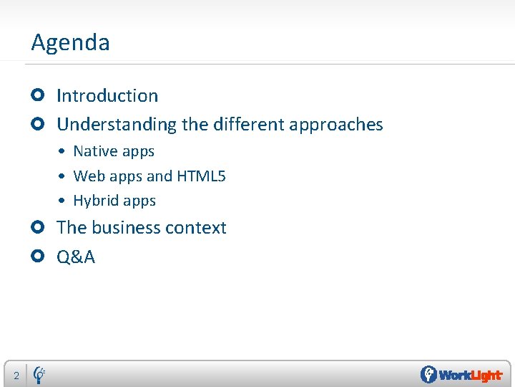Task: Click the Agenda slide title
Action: (70, 43)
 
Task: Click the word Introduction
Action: (107, 96)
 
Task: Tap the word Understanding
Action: (116, 125)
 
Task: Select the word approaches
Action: (335, 125)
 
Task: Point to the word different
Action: (248, 124)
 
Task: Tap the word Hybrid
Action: (96, 201)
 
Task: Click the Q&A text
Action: (76, 257)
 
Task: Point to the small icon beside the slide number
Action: (40, 373)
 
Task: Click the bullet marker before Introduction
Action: (39, 95)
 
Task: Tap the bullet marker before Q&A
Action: (39, 257)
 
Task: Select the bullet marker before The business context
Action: (39, 227)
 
